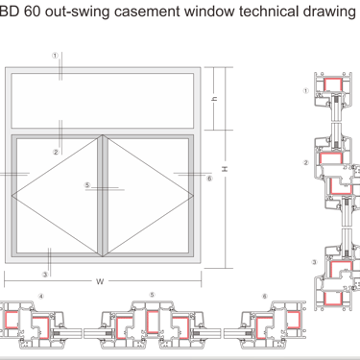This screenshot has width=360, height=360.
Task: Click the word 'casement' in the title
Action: tap(147, 12)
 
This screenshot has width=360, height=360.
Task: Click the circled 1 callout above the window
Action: tap(56, 56)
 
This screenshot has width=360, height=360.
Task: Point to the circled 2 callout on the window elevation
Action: tap(56, 152)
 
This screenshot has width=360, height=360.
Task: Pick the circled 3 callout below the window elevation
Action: tap(45, 275)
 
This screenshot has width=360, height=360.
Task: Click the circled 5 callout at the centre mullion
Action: tap(87, 185)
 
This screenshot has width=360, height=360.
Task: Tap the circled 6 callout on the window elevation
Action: tap(209, 178)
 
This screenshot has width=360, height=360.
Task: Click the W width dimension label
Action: tap(100, 281)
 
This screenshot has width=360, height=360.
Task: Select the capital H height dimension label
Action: tap(225, 169)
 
